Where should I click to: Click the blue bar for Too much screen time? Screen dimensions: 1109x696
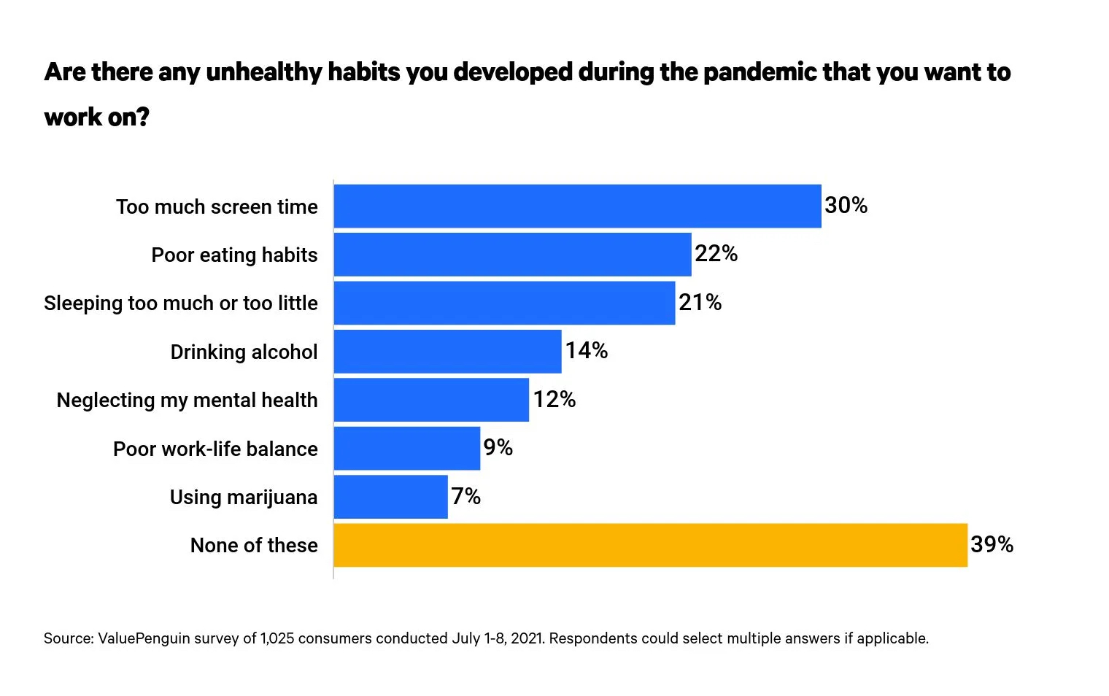pyautogui.click(x=578, y=206)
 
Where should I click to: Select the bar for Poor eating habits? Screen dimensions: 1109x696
pyautogui.click(x=513, y=255)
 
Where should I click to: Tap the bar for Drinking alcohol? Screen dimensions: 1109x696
pyautogui.click(x=448, y=352)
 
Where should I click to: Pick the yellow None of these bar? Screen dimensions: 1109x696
pyautogui.click(x=651, y=545)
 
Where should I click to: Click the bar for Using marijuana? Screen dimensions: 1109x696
pyautogui.click(x=391, y=497)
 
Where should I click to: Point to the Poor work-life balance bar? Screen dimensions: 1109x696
pyautogui.click(x=407, y=449)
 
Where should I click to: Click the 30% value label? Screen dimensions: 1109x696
pyautogui.click(x=846, y=205)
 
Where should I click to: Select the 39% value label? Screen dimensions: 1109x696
pyautogui.click(x=992, y=544)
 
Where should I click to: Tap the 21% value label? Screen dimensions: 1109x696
pyautogui.click(x=700, y=302)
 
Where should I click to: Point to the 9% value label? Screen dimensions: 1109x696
pyautogui.click(x=498, y=447)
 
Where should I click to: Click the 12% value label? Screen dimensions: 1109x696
pyautogui.click(x=554, y=399)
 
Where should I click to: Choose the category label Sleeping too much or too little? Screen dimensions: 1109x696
pyautogui.click(x=181, y=303)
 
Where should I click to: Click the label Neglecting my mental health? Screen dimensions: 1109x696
pyautogui.click(x=187, y=401)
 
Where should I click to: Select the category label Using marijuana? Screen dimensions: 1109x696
pyautogui.click(x=244, y=498)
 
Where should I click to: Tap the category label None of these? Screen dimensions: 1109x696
pyautogui.click(x=254, y=545)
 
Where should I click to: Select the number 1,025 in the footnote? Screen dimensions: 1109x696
pyautogui.click(x=277, y=638)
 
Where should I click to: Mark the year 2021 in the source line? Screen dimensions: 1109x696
pyautogui.click(x=528, y=638)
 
